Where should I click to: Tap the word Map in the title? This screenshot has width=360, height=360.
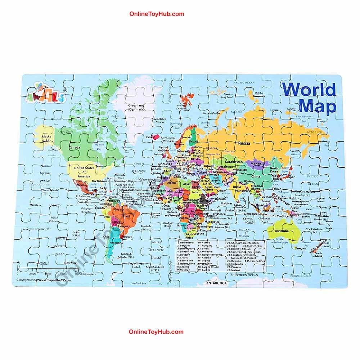(318, 106)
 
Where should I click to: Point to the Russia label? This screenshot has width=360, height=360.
(244, 143)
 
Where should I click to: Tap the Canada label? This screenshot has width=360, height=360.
(74, 148)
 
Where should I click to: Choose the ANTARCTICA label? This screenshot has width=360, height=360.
(216, 283)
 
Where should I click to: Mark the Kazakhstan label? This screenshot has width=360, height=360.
(234, 162)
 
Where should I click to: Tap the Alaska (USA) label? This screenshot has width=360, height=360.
(47, 139)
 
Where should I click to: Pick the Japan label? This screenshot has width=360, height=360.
(291, 177)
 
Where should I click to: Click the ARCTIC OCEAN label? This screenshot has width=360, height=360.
(244, 83)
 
